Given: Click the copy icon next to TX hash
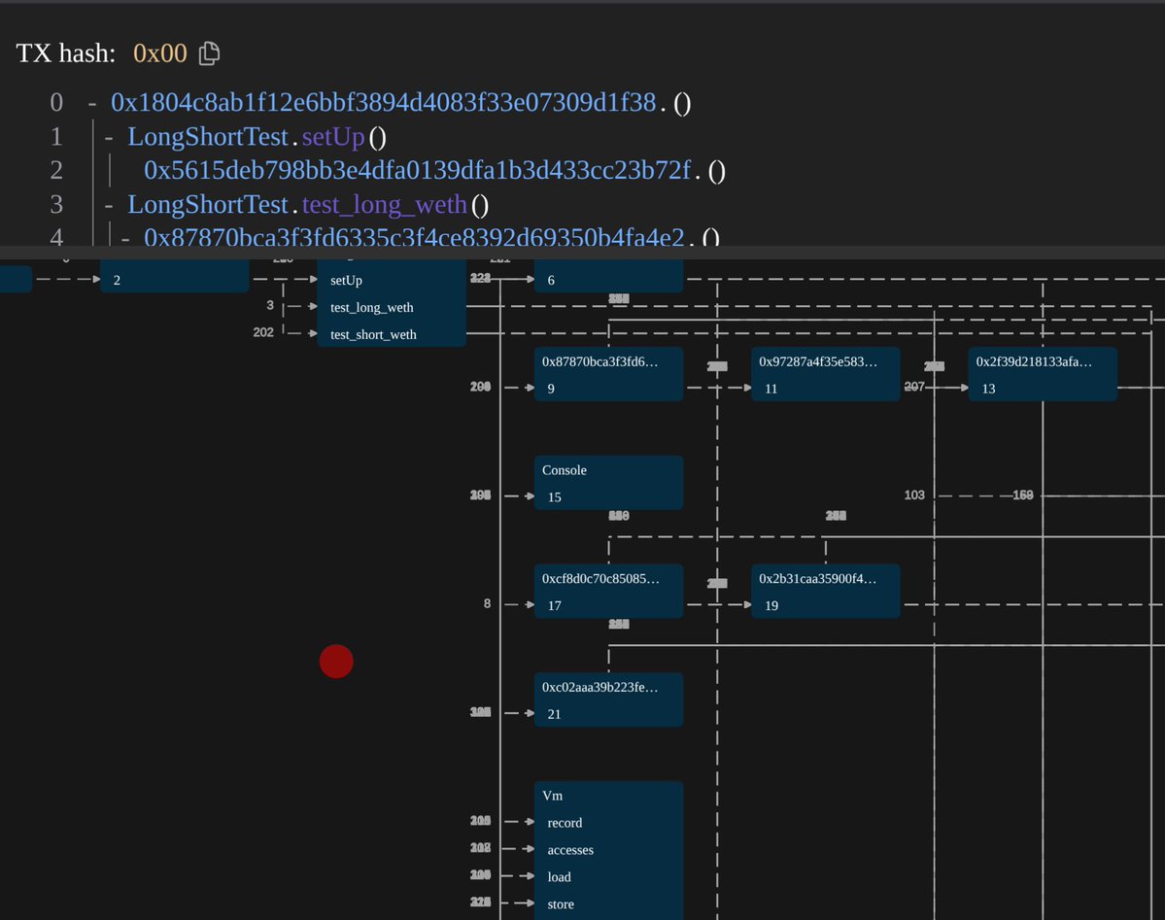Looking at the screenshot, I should [209, 53].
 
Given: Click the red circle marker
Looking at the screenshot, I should [336, 662].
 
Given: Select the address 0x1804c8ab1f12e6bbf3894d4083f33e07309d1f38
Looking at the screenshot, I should [383, 103].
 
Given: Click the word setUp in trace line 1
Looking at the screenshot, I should [332, 137].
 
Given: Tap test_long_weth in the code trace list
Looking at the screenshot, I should [384, 205].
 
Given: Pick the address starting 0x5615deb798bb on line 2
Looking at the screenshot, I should [417, 171].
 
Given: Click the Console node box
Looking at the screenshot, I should [608, 483].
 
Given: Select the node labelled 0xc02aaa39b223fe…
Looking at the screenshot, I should [608, 699].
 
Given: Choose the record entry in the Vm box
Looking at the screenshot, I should [565, 823].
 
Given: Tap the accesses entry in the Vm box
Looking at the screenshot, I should [570, 850].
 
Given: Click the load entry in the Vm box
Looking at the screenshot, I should [560, 877].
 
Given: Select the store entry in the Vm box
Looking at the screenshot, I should [561, 904].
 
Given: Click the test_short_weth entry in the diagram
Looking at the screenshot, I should [373, 334].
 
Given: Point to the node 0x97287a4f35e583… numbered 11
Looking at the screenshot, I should [825, 374].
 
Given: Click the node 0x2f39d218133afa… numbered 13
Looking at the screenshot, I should [1042, 374].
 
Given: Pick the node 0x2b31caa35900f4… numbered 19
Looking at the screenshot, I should [825, 591].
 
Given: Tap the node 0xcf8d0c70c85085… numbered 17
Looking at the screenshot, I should [608, 591].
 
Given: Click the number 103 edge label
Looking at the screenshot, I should [914, 495].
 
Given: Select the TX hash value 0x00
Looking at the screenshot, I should [160, 53].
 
